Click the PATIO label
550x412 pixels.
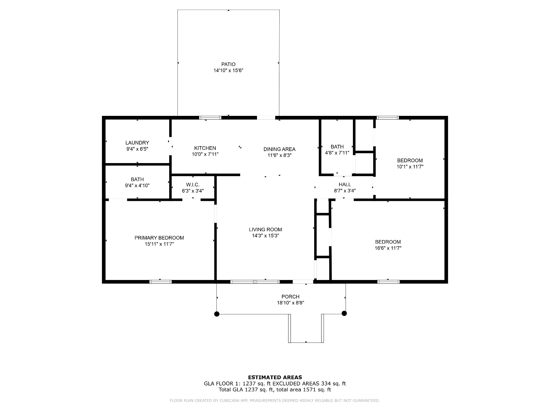[x=228, y=64]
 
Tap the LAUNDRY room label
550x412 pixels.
[x=137, y=143]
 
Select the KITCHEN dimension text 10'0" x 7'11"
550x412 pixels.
[x=205, y=154]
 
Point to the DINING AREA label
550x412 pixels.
[x=279, y=149]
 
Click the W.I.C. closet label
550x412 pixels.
[x=193, y=185]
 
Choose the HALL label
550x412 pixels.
[x=345, y=185]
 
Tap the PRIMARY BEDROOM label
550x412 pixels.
[x=159, y=238]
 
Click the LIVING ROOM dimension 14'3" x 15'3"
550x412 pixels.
[x=265, y=236]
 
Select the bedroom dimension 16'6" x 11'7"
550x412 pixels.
[x=388, y=248]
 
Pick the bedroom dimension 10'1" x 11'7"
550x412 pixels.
[x=410, y=167]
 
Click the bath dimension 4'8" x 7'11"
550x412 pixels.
[x=337, y=153]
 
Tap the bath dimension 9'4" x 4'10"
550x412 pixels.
[x=137, y=185]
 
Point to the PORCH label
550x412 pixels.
[x=290, y=297]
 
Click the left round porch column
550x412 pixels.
[x=217, y=314]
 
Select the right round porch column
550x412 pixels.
[x=344, y=313]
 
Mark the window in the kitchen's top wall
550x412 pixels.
[x=210, y=117]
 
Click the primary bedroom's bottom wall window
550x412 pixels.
[x=160, y=282]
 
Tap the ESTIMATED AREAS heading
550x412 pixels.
[x=275, y=377]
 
